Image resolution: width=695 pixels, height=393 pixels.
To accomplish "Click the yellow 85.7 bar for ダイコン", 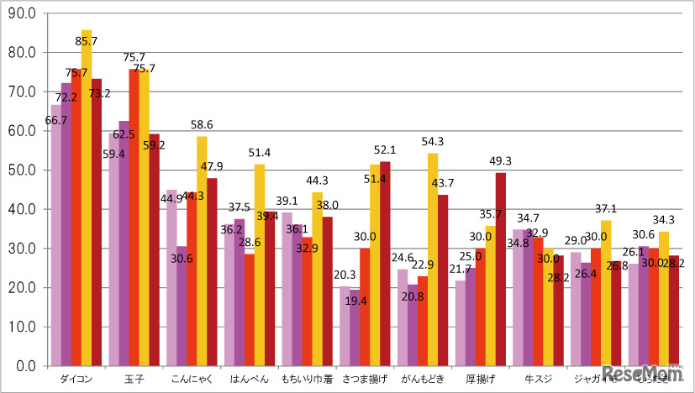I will click(87, 210).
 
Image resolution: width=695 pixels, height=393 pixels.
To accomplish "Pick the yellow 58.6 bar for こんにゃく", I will click(202, 252).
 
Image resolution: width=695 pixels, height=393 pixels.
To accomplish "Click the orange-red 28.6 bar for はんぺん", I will click(250, 311).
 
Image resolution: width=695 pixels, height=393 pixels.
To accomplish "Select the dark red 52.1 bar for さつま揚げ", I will click(385, 265).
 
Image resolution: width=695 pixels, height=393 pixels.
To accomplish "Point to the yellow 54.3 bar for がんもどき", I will click(433, 260).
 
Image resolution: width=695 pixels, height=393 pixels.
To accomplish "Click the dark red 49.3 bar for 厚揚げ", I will click(501, 269).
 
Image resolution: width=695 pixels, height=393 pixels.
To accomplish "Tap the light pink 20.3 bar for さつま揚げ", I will click(345, 327).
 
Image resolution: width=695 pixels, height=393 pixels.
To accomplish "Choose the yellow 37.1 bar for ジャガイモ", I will click(606, 294).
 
